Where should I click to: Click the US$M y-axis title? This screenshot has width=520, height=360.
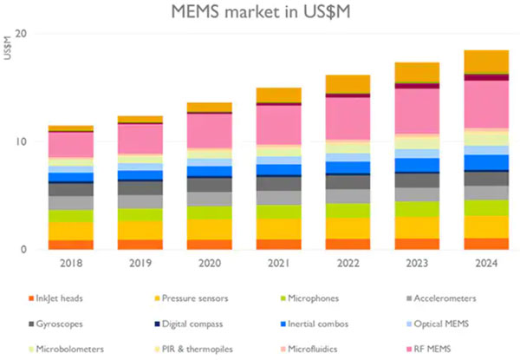click(x=9, y=50)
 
